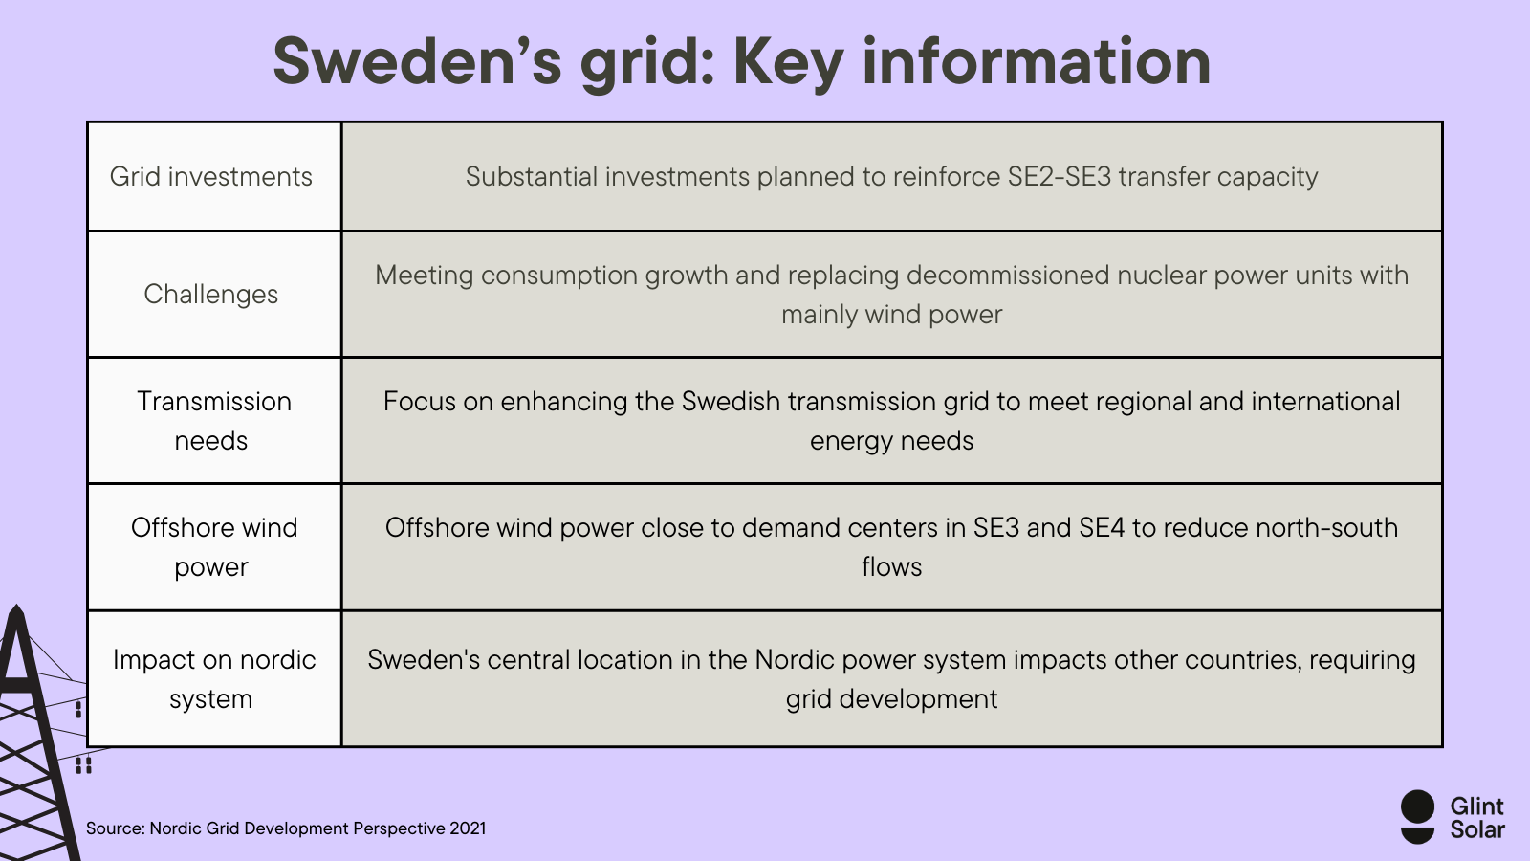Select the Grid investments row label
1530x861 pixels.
coord(211,177)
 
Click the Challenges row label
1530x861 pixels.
coord(211,295)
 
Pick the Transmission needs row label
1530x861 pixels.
coord(213,421)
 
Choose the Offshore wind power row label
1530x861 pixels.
coord(213,547)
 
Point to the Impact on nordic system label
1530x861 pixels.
coord(213,679)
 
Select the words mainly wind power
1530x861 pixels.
coord(891,315)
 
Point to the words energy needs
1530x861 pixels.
coord(891,441)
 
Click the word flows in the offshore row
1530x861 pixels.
coord(891,567)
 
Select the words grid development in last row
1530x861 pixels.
coord(891,699)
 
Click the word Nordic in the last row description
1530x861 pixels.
coord(794,660)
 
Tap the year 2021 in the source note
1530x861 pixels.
coord(468,828)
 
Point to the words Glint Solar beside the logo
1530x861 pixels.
coord(1476,818)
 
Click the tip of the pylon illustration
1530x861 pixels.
coord(16,607)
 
